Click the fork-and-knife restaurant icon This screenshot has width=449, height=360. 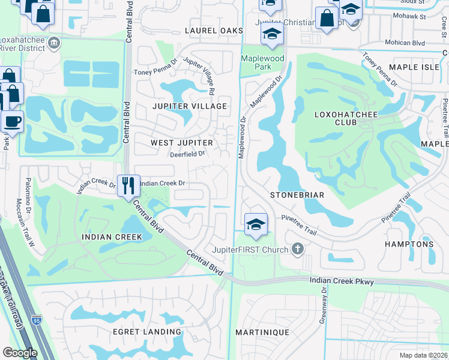point(127,185)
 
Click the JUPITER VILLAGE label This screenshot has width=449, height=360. point(189,106)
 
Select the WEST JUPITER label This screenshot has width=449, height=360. point(182,143)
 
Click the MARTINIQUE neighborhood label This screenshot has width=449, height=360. point(262,332)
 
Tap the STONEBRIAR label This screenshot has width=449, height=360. point(297,195)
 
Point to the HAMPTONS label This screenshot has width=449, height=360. point(414,244)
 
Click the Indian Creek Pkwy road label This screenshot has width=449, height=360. point(342,281)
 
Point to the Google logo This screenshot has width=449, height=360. point(20,353)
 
